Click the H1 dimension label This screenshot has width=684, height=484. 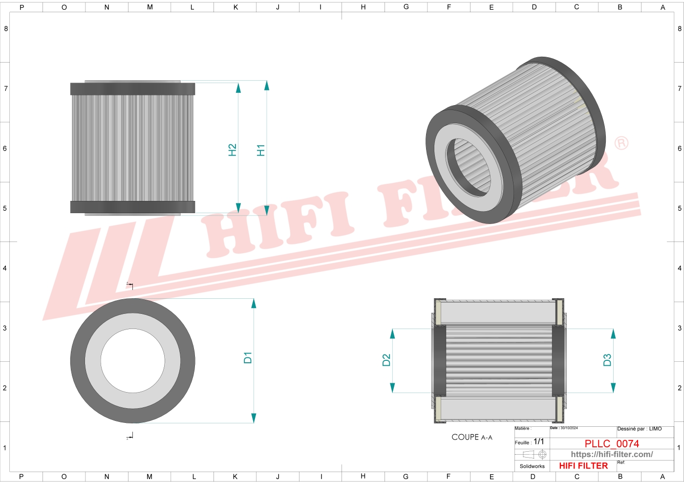tap(261, 150)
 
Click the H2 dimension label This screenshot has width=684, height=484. tap(233, 150)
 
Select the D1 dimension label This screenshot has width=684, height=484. tap(248, 357)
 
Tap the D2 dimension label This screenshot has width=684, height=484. tap(386, 360)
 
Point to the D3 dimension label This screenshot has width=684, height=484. tap(607, 360)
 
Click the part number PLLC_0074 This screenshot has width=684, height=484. tap(612, 443)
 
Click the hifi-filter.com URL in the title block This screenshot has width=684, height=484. tap(612, 454)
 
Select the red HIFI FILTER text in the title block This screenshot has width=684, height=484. tap(583, 466)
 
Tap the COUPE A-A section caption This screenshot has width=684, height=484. tap(472, 437)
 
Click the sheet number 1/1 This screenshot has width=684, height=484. tap(538, 441)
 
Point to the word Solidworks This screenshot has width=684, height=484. tap(532, 466)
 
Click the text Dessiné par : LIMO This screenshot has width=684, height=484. tap(639, 429)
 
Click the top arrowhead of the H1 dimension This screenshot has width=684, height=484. tap(267, 86)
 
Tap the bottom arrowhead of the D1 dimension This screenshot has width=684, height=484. tap(254, 418)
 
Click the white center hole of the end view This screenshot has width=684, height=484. tap(133, 361)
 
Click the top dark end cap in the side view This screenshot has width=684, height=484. tap(132, 88)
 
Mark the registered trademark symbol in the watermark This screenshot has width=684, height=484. tap(621, 143)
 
